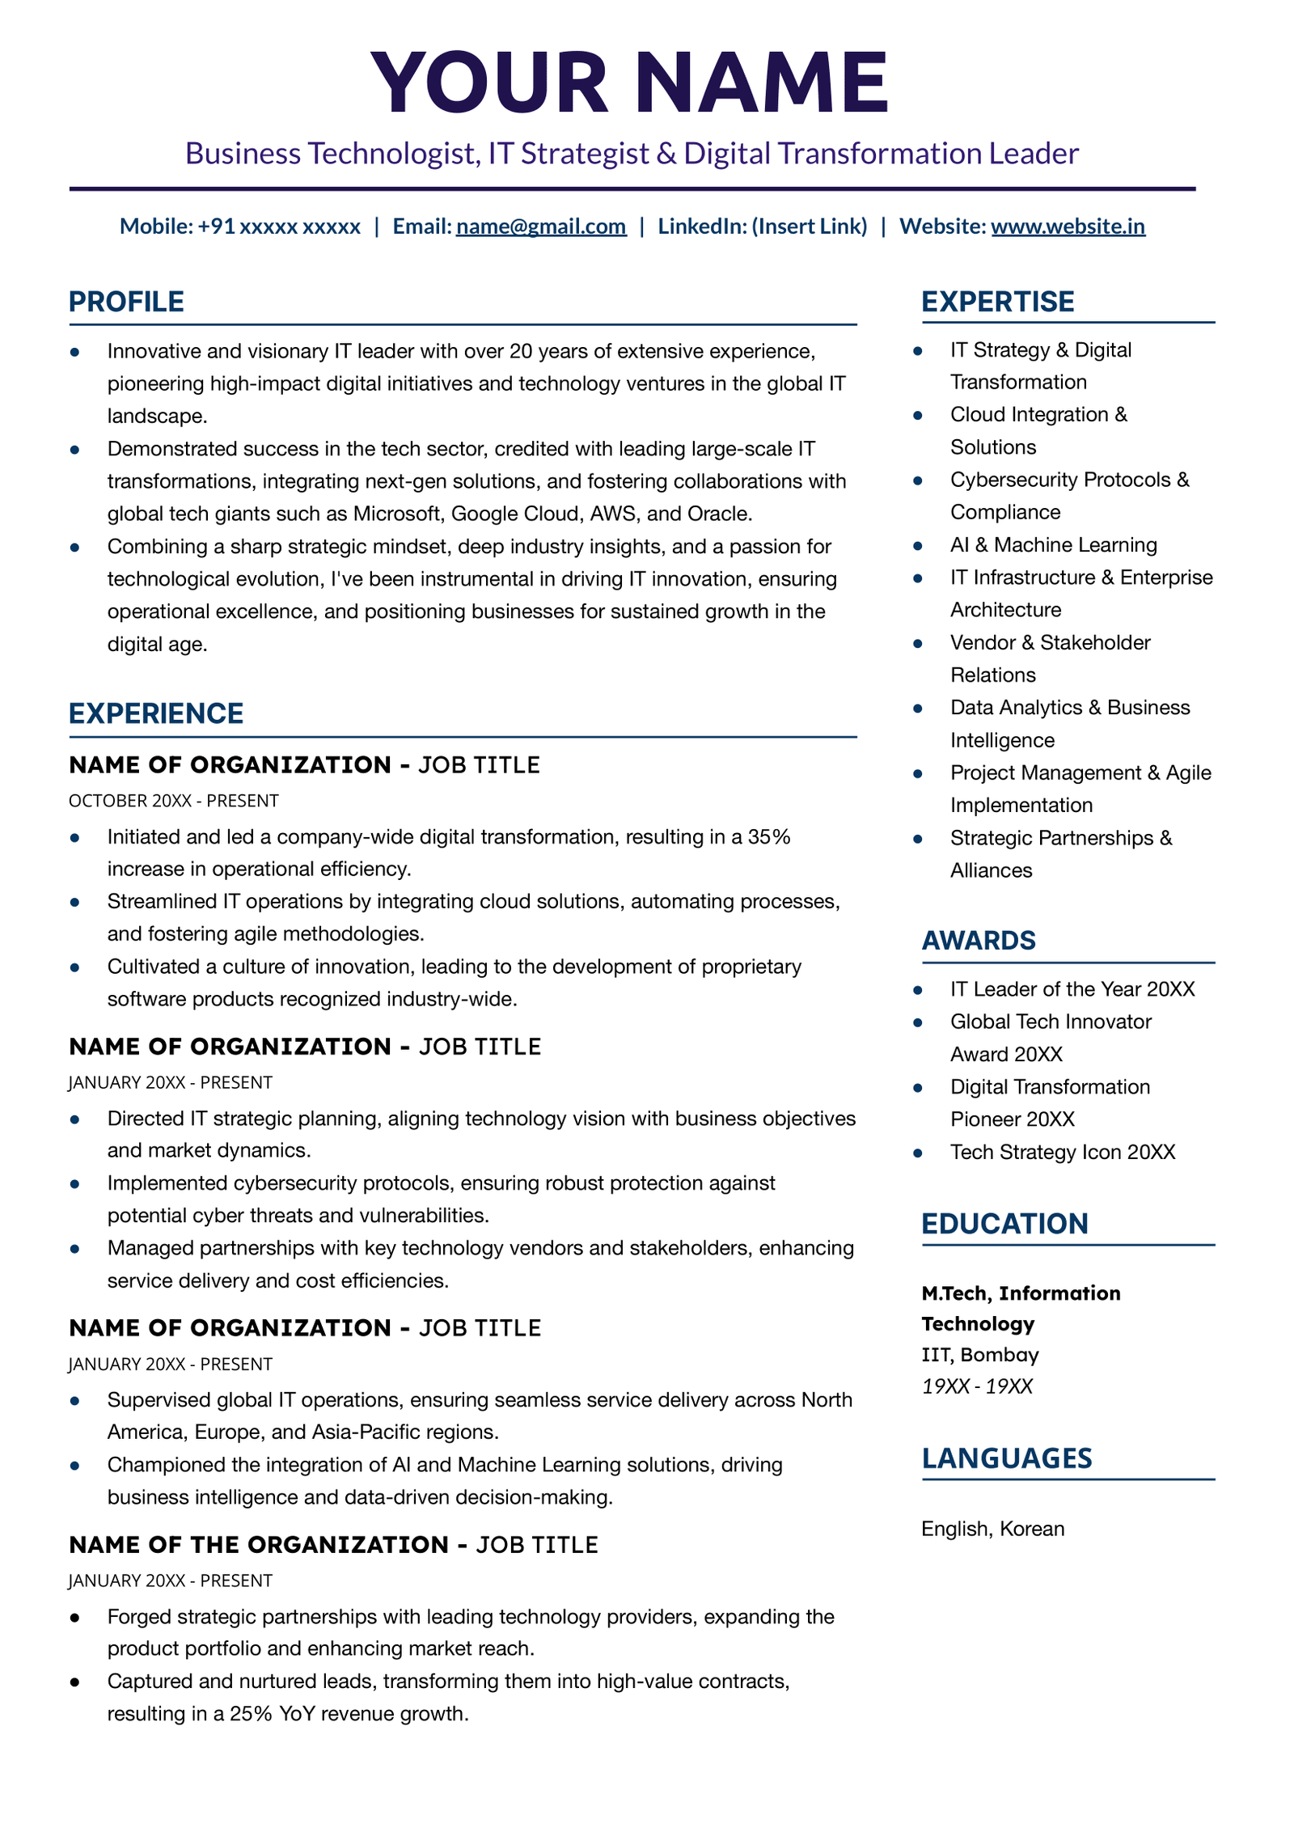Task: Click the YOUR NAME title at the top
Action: click(629, 83)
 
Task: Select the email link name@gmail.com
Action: click(540, 226)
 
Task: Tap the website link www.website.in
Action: click(1068, 226)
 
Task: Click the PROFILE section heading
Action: click(126, 302)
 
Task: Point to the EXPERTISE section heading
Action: click(997, 302)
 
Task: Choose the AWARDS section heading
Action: click(978, 941)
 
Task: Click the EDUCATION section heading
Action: click(1004, 1224)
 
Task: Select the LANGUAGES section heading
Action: click(1006, 1458)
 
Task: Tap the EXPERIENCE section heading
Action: click(156, 713)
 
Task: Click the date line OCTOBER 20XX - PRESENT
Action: click(174, 801)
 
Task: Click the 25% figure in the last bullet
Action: click(251, 1714)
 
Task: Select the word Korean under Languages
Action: click(1032, 1529)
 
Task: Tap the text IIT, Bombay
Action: click(979, 1355)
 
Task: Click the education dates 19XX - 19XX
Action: click(976, 1386)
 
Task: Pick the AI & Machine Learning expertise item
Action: click(1053, 545)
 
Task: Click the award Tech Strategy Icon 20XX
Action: click(1062, 1152)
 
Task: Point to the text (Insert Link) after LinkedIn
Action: click(809, 226)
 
